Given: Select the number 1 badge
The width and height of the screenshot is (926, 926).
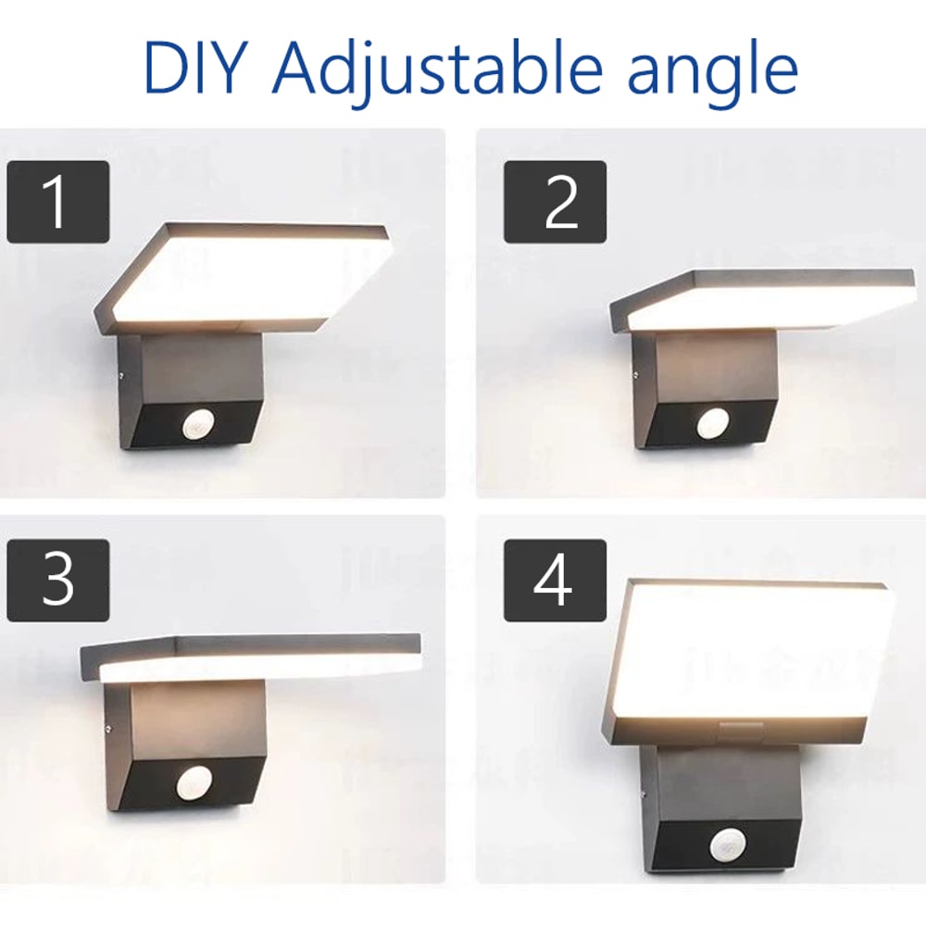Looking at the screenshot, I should (x=57, y=202).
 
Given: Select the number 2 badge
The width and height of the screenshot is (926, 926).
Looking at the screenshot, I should (x=555, y=202).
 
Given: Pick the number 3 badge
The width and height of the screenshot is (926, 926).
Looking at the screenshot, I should (x=57, y=581).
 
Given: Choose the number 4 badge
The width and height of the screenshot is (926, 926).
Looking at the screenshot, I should (x=555, y=581).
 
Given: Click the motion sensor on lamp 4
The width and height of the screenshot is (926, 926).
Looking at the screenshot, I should (x=728, y=845).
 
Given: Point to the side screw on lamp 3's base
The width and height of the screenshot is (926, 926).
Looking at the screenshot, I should (x=110, y=729).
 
